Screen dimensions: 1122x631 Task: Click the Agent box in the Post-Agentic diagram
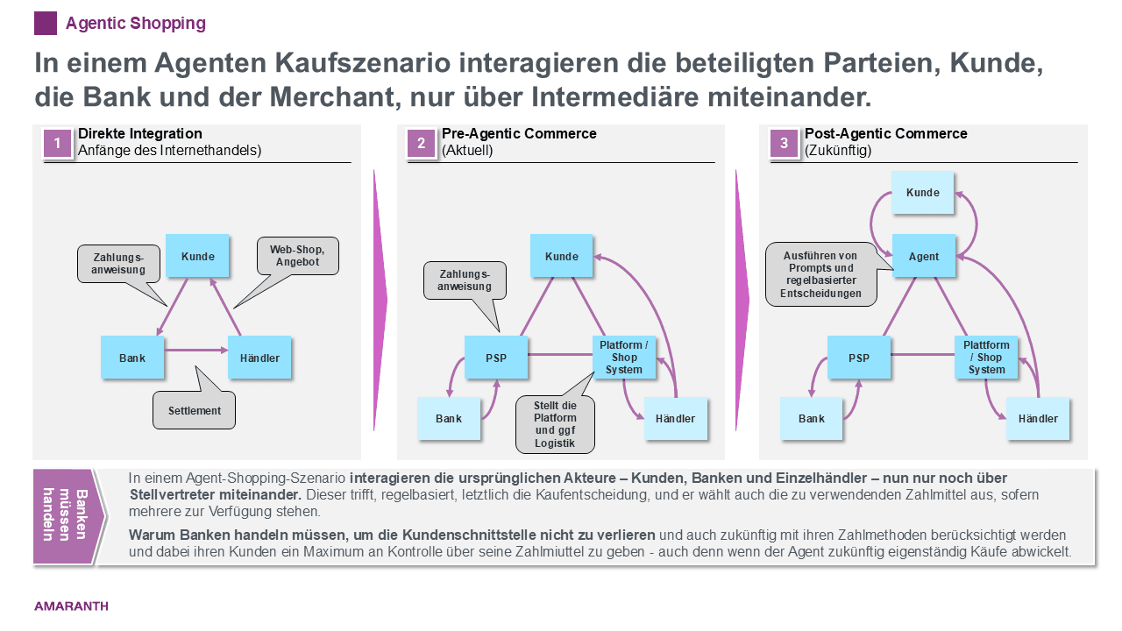[923, 257]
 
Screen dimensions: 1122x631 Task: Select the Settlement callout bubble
[195, 410]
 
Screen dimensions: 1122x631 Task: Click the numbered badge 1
[57, 144]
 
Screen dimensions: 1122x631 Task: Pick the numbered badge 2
[421, 144]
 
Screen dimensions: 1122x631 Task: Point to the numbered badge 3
[784, 144]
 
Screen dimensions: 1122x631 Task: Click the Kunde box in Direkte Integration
[198, 256]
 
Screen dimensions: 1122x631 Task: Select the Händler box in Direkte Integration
[259, 358]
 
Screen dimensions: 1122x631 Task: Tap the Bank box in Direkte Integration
[132, 358]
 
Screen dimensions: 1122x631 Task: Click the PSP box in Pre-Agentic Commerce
[496, 358]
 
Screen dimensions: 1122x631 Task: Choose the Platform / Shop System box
[624, 358]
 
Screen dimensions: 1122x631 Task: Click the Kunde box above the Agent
[923, 193]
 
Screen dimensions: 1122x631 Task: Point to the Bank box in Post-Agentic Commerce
[812, 418]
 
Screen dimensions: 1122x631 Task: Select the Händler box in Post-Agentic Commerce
[1038, 418]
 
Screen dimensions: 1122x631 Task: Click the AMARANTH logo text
[71, 606]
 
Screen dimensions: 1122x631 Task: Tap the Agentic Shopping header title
[136, 24]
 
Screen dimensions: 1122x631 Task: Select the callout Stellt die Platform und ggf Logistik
[554, 425]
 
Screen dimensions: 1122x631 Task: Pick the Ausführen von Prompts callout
[820, 274]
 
